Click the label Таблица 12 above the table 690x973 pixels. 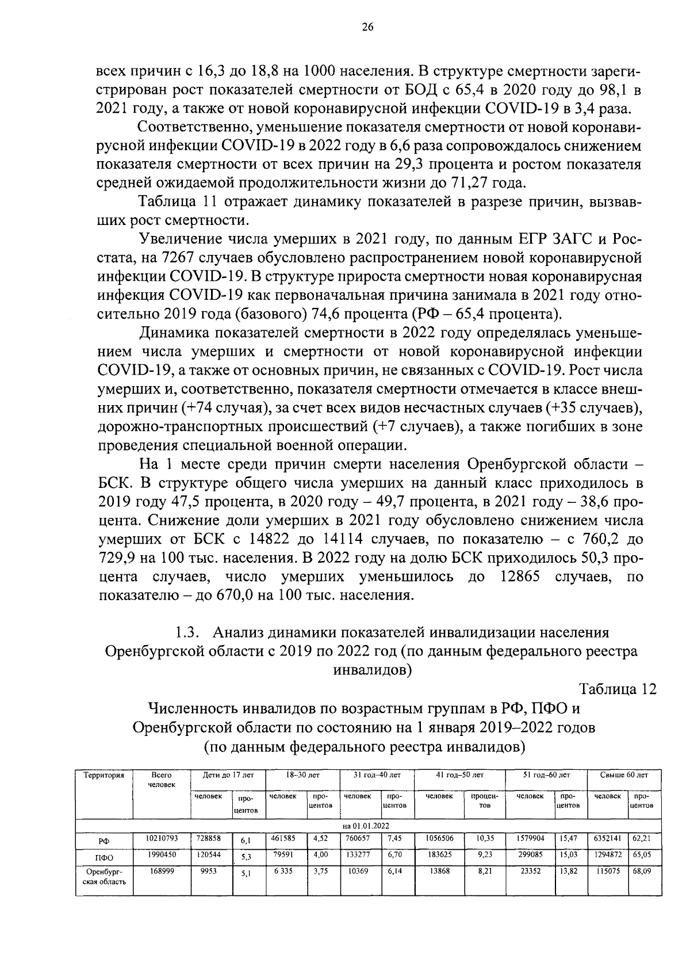pos(617,690)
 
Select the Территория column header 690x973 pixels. pos(104,776)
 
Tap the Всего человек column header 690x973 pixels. pos(162,780)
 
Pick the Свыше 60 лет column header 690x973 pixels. pos(623,776)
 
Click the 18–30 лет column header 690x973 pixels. pos(302,776)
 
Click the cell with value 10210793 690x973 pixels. pos(162,838)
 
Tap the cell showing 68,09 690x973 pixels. pos(642,872)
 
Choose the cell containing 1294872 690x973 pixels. pos(608,855)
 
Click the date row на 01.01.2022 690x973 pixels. pos(366,826)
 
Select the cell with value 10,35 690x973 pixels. pos(485,838)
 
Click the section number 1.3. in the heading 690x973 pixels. pos(187,633)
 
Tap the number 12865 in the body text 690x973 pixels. pos(516,577)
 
